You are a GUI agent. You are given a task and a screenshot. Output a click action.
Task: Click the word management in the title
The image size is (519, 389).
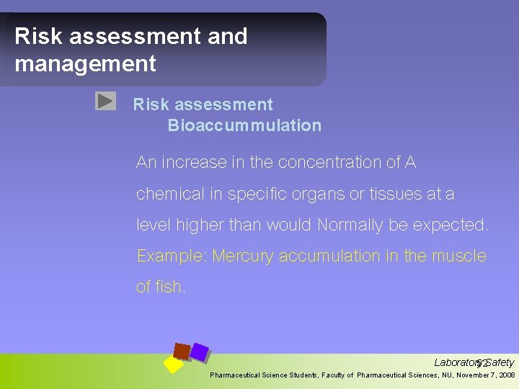[x=85, y=63]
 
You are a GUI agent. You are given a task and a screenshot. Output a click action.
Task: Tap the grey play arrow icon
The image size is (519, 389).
[x=105, y=101]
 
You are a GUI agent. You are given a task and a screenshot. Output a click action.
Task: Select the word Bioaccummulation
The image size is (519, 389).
[x=244, y=125]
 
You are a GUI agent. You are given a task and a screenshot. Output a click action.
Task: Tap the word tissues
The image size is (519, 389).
[x=402, y=194]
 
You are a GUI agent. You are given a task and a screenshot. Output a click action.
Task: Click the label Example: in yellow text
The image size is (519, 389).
[x=172, y=256]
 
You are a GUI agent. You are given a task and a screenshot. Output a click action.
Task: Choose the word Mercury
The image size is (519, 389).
[x=243, y=256]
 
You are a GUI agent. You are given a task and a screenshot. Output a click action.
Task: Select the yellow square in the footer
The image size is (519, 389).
[x=174, y=365]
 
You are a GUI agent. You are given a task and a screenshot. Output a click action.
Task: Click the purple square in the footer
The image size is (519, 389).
[x=200, y=352]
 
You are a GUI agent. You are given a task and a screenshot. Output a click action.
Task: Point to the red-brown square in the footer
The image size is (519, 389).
[x=182, y=351]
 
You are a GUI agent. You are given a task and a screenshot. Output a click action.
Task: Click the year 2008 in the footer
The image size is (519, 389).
[x=506, y=375]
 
